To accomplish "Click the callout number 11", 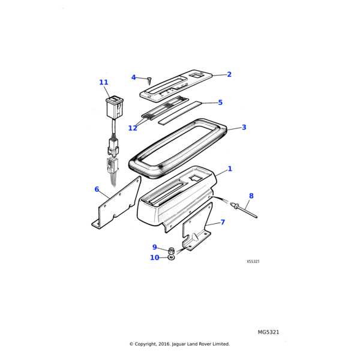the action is [x=104, y=82].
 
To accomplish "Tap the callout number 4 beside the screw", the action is [x=133, y=77].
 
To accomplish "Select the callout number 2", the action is [x=229, y=74].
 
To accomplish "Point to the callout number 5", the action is [x=220, y=103].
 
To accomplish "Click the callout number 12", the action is [x=133, y=128].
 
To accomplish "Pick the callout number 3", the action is [x=244, y=127].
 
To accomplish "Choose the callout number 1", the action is [x=230, y=169].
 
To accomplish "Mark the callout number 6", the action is [x=97, y=189].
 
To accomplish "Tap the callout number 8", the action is [x=251, y=196].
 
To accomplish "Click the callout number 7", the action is [x=223, y=222].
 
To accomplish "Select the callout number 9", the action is [x=155, y=247].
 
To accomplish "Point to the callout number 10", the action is [x=155, y=257].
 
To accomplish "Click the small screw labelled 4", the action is [x=149, y=80].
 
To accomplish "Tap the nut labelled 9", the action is [x=171, y=250].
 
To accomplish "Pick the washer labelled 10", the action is [x=171, y=258].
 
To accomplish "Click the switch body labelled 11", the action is [x=115, y=107].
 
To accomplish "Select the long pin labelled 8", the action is [x=244, y=209].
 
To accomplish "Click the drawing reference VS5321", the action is [x=253, y=262].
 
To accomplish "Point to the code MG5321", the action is [x=268, y=332].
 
